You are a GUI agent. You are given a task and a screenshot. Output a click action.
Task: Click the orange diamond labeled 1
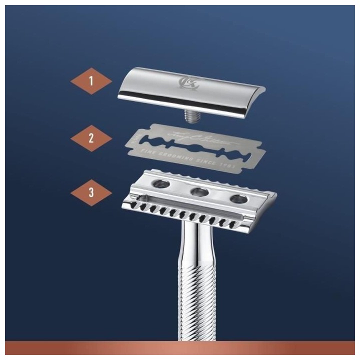[91, 81]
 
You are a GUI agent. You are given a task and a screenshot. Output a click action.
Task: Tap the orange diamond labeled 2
[91, 138]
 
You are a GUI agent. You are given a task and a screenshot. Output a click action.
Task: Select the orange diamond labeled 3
[91, 192]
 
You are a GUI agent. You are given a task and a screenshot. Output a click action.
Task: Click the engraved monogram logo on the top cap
[188, 83]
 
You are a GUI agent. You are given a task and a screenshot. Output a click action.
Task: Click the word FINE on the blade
[148, 150]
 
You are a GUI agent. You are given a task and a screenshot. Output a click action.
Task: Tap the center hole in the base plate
[199, 191]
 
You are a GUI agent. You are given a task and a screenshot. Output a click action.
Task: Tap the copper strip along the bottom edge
[180, 348]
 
